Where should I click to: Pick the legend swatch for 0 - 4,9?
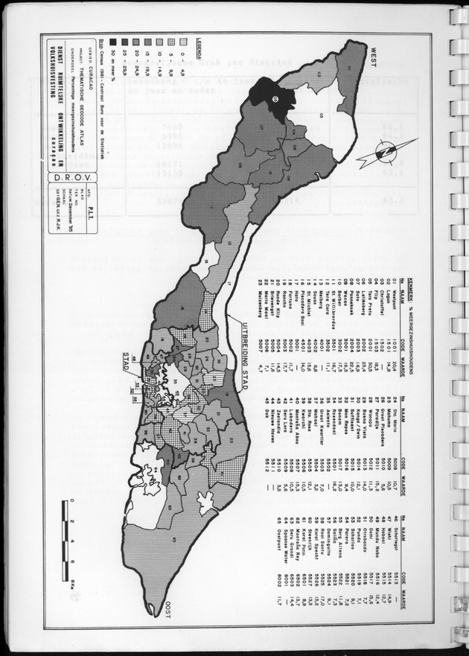[169, 42]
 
